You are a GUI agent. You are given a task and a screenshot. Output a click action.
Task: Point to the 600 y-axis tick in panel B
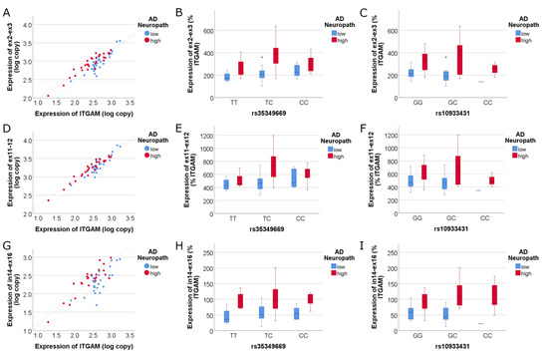click(208, 29)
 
